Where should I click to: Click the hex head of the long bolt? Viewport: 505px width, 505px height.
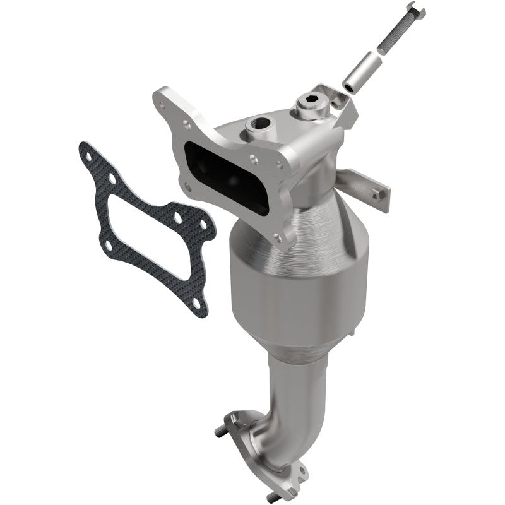[x=417, y=10]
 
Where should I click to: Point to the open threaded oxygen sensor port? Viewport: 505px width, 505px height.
[x=259, y=124]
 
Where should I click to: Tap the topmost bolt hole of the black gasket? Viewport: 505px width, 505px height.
[x=85, y=151]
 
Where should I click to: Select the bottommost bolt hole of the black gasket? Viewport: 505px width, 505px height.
[x=198, y=304]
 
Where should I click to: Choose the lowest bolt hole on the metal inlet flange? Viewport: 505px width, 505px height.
[x=277, y=237]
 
